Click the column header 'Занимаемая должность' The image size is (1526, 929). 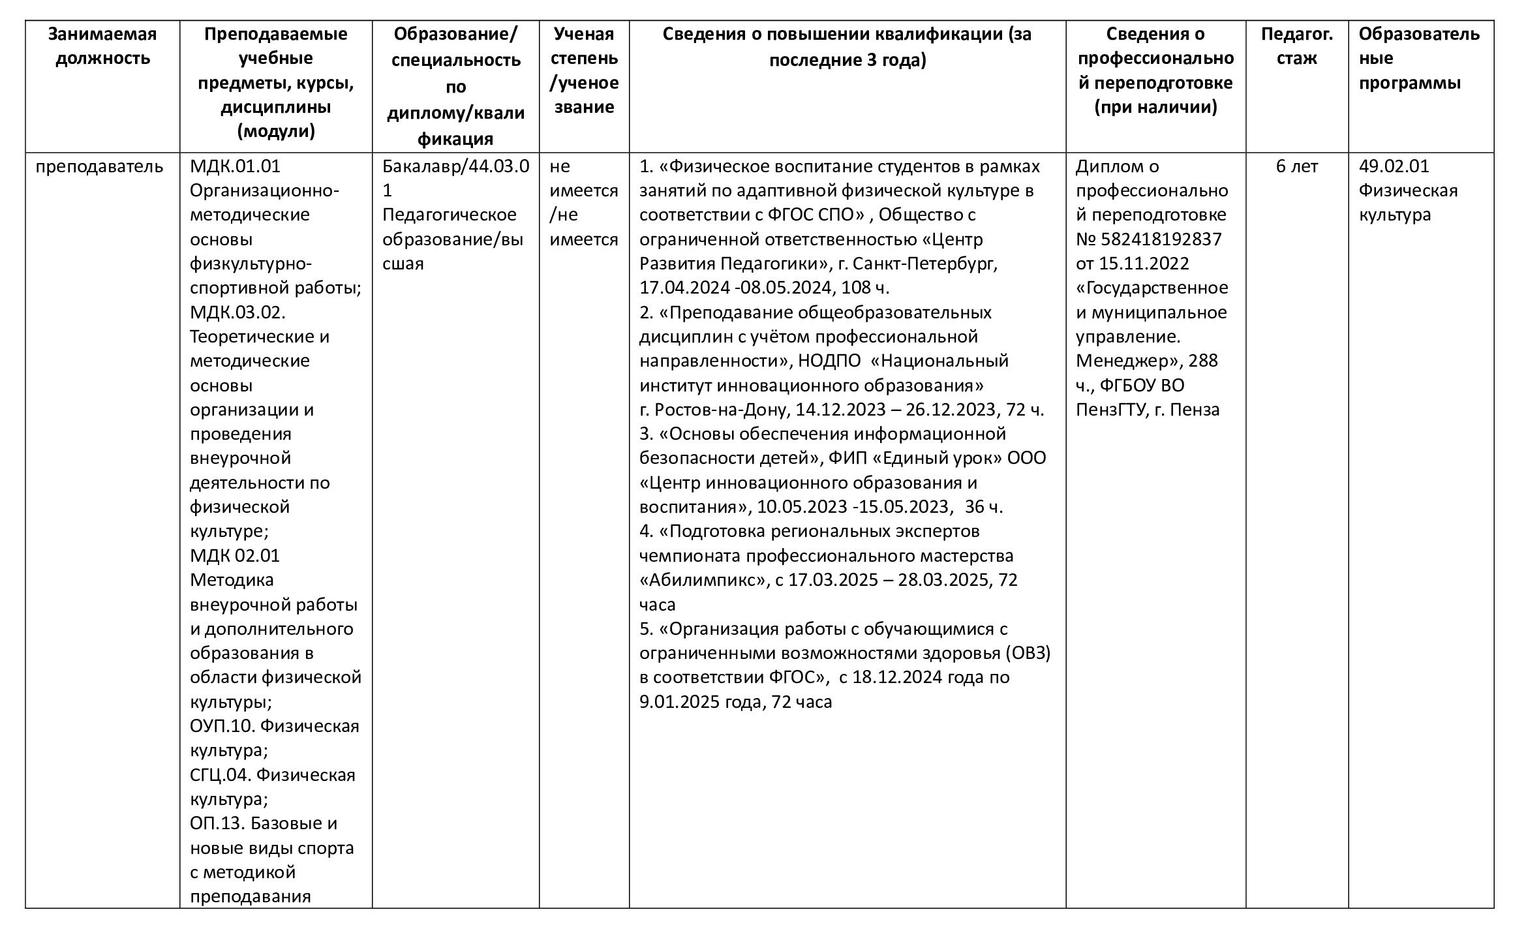click(x=102, y=46)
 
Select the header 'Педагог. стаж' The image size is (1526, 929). click(x=1296, y=46)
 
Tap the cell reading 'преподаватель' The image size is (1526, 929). click(x=99, y=166)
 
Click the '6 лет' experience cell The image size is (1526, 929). click(x=1296, y=166)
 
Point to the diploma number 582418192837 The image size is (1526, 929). click(x=1161, y=239)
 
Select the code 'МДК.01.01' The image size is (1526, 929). click(x=235, y=166)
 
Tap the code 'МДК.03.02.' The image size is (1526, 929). click(x=237, y=312)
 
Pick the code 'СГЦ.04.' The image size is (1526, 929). click(x=220, y=775)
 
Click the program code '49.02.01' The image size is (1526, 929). click(x=1394, y=166)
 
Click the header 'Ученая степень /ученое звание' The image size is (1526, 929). click(x=584, y=70)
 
